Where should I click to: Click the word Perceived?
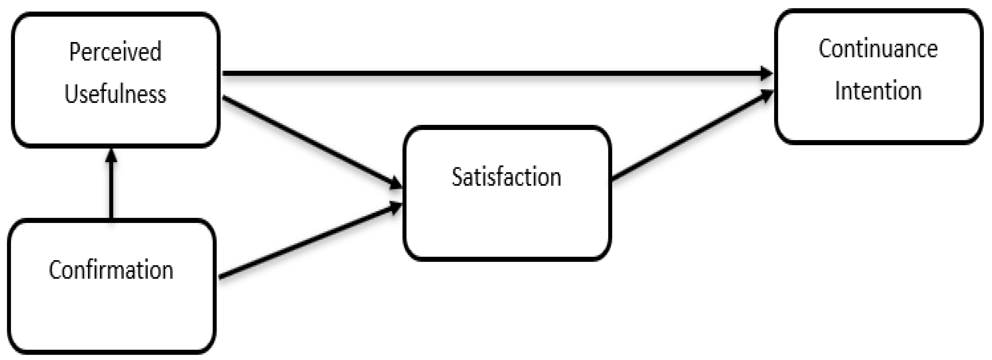(115, 52)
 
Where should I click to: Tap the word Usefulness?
(115, 94)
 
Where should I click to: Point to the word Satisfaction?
(506, 177)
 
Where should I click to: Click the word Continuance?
(878, 49)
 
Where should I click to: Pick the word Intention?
(878, 91)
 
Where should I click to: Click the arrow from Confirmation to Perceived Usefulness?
(111, 189)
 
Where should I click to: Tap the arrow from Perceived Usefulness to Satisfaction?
(308, 141)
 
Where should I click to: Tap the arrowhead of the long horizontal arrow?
(766, 73)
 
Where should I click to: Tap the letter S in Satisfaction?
(457, 177)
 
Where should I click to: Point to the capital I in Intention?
(837, 91)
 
